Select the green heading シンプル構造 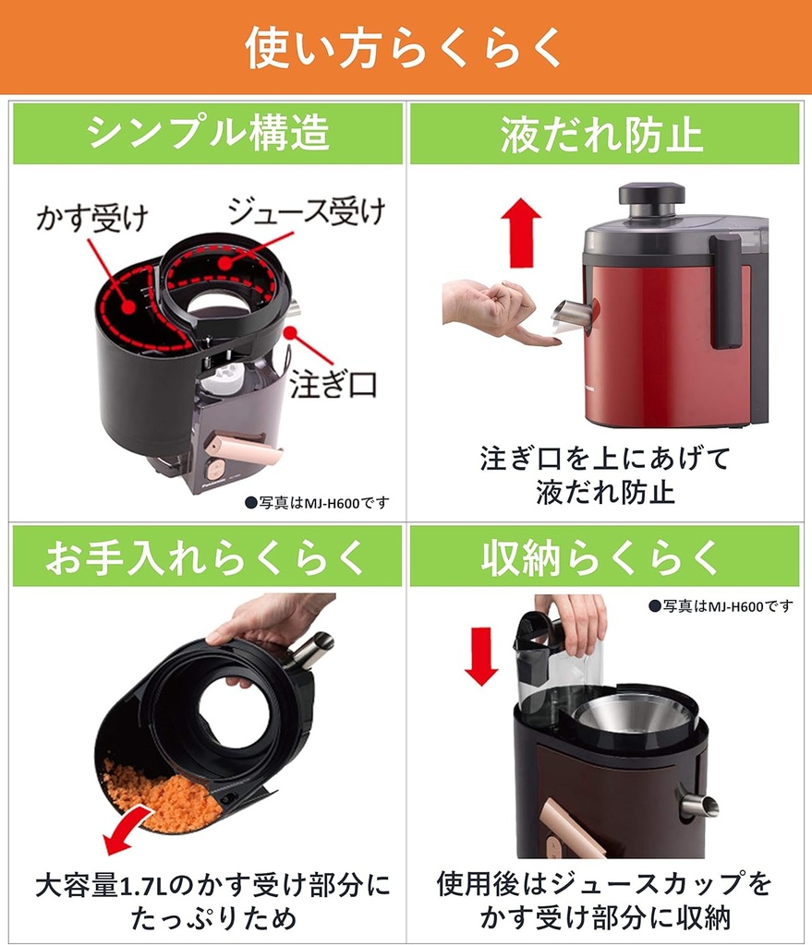pyautogui.click(x=207, y=134)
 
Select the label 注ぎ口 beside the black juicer pyautogui.click(x=333, y=385)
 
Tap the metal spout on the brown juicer pyautogui.click(x=699, y=806)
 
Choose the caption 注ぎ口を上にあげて pyautogui.click(x=605, y=459)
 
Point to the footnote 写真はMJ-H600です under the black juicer pyautogui.click(x=317, y=503)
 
